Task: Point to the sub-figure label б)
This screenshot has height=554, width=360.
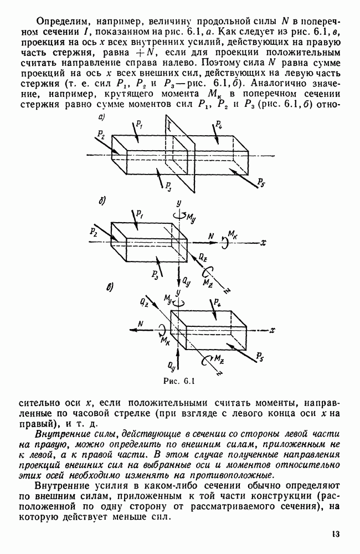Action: click(102, 200)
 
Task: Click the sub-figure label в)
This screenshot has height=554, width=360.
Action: click(110, 286)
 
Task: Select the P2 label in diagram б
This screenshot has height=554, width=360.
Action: click(92, 228)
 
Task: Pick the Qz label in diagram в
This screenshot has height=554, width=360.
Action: click(144, 302)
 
